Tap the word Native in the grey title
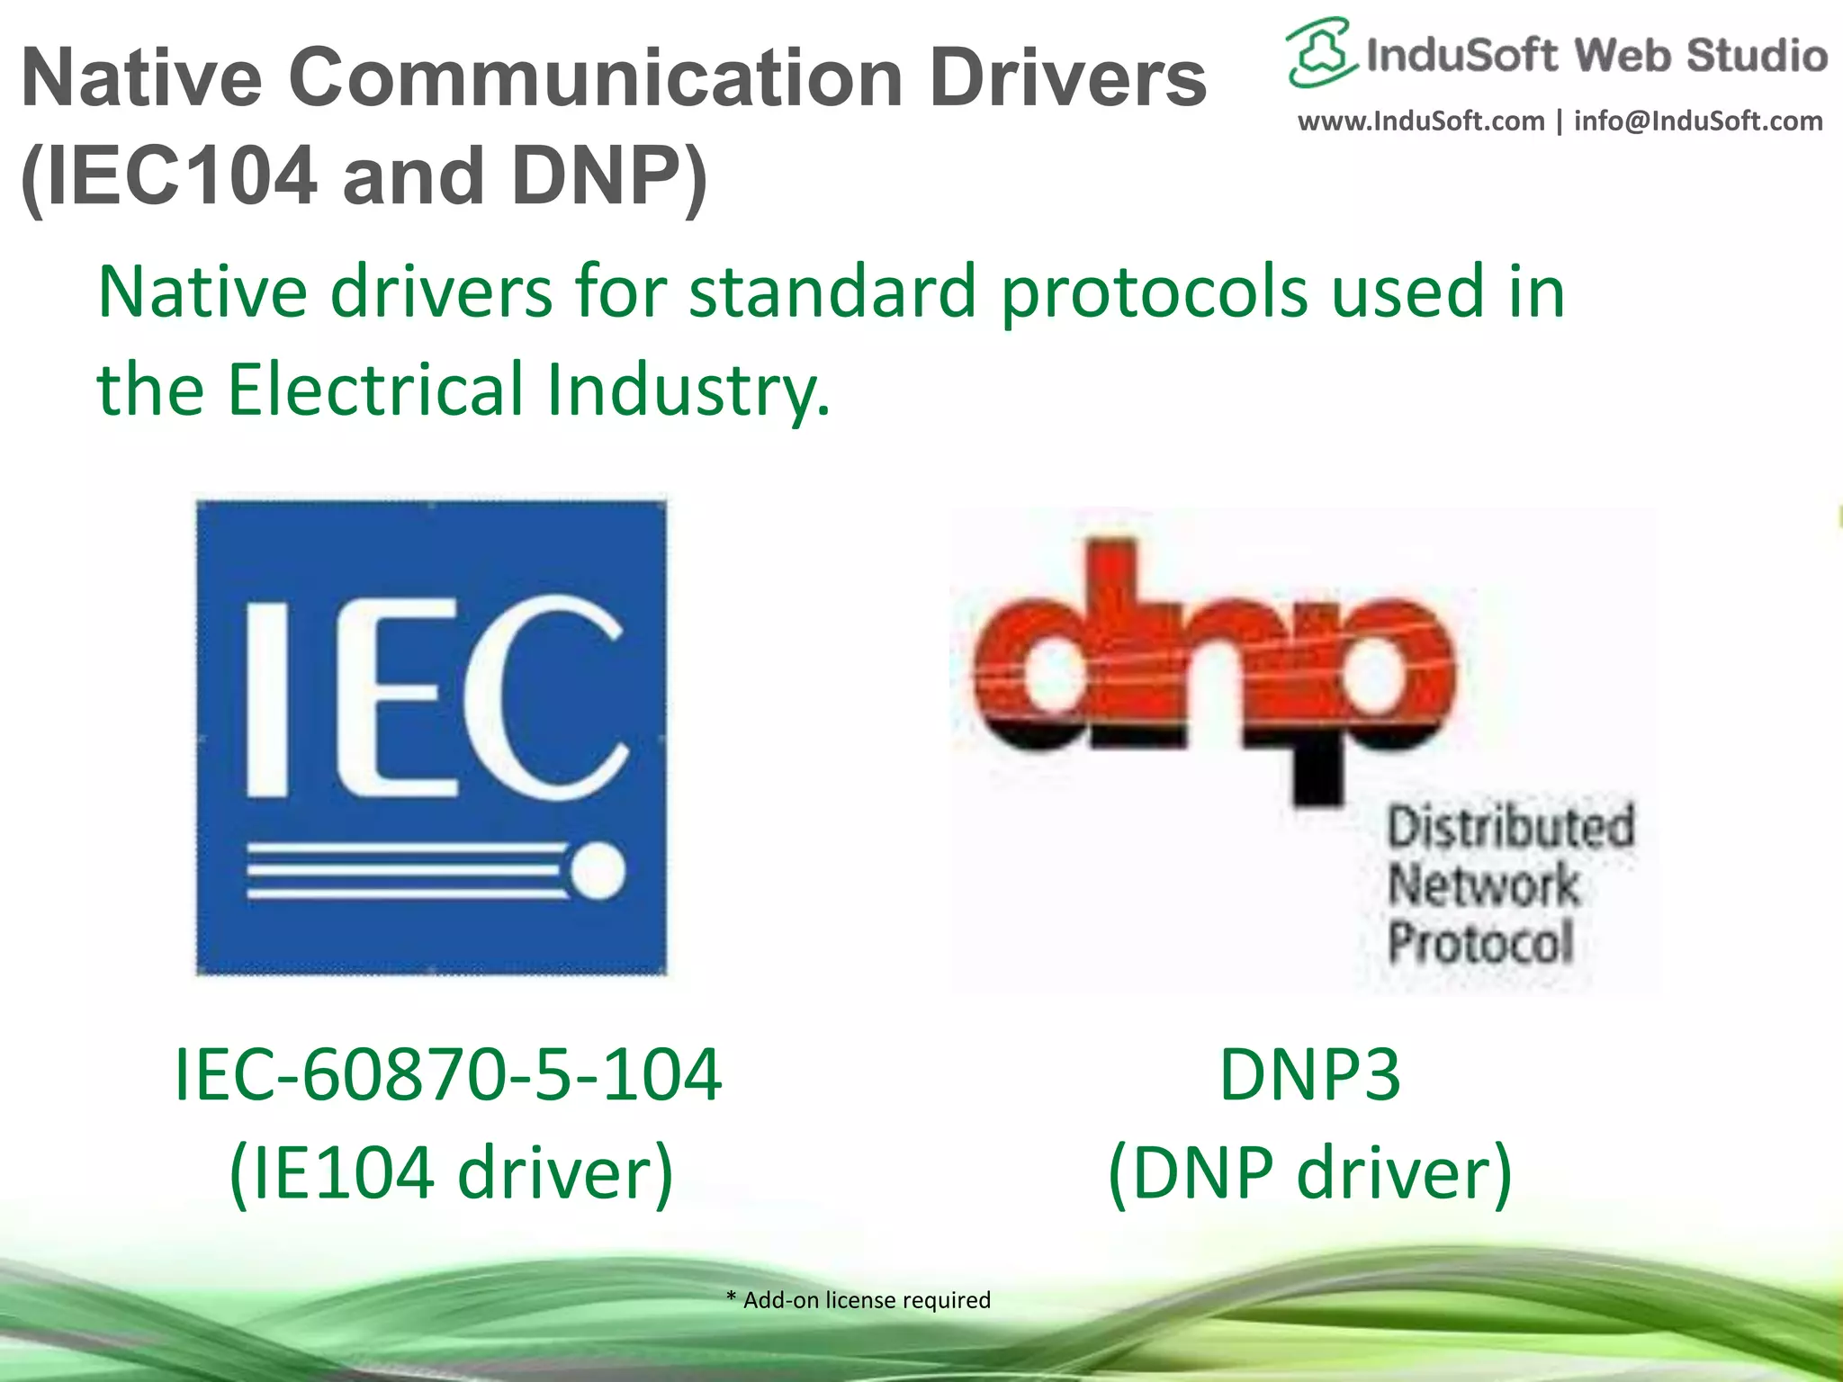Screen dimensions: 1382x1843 pyautogui.click(x=141, y=78)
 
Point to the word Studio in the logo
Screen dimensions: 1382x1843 pyautogui.click(x=1757, y=56)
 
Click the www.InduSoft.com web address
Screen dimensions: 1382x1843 pyautogui.click(x=1421, y=121)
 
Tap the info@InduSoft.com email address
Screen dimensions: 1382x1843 pyautogui.click(x=1698, y=121)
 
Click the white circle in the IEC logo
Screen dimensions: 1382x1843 pyautogui.click(x=598, y=871)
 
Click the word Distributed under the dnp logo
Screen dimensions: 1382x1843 pyautogui.click(x=1510, y=826)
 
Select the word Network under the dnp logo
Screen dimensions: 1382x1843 pyautogui.click(x=1483, y=884)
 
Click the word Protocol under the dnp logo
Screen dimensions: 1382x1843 pyautogui.click(x=1481, y=942)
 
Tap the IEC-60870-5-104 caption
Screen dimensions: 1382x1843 pyautogui.click(x=447, y=1074)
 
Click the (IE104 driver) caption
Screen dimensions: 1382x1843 pyautogui.click(x=451, y=1173)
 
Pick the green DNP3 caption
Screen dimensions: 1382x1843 pyautogui.click(x=1309, y=1074)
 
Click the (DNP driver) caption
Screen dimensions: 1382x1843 pyautogui.click(x=1309, y=1173)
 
